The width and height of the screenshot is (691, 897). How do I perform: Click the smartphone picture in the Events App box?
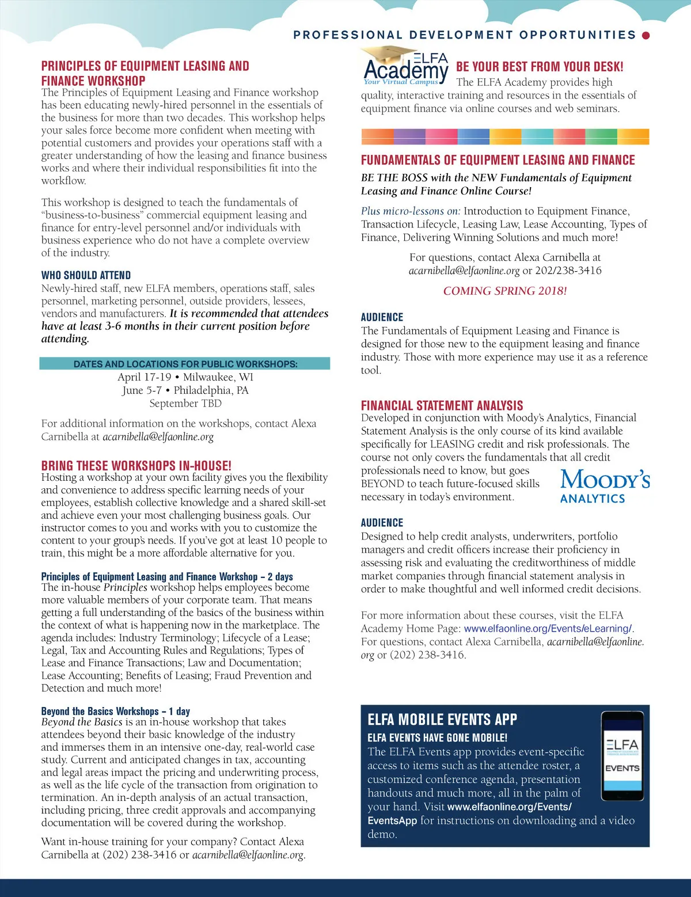[x=622, y=756]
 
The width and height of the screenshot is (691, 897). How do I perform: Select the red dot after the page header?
[x=646, y=35]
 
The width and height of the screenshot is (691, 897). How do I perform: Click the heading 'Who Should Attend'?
[x=86, y=275]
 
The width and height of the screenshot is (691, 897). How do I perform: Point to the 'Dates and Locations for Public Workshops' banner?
[x=185, y=364]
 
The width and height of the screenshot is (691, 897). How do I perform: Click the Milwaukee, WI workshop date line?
[x=185, y=377]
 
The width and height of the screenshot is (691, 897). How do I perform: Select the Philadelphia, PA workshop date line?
[x=185, y=390]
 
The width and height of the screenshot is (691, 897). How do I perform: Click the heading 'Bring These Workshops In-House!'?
[x=136, y=465]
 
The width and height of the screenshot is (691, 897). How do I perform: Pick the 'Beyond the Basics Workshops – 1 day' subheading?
[x=115, y=711]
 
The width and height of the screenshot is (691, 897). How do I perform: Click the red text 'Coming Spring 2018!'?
[x=505, y=291]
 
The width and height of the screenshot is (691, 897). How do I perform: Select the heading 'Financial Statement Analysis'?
[x=442, y=405]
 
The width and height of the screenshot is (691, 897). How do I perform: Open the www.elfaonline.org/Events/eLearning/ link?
[x=547, y=629]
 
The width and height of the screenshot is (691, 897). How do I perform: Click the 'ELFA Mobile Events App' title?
[x=442, y=719]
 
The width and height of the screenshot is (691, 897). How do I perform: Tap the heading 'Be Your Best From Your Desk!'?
[x=540, y=67]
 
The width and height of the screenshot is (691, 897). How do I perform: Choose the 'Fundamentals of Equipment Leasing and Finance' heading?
[x=498, y=160]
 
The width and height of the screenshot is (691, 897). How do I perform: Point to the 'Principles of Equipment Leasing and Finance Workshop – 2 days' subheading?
[x=167, y=576]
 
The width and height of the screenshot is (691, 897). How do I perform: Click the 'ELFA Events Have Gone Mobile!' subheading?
[x=437, y=738]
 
